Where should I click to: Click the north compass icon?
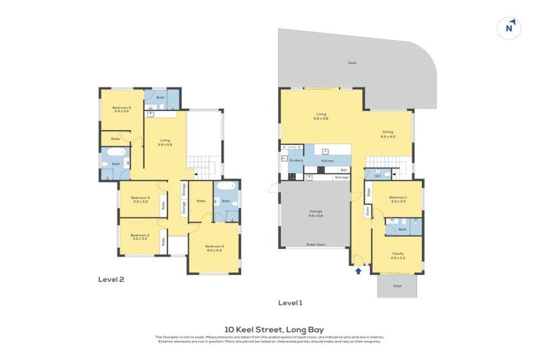(510, 27)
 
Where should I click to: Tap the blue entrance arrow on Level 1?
(359, 270)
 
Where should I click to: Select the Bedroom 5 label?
(122, 108)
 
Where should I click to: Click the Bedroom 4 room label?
(140, 198)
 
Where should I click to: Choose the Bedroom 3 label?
(140, 237)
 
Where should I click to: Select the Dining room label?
(388, 134)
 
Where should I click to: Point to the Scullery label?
(296, 160)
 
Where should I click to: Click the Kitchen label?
(328, 161)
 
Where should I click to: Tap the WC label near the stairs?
(378, 176)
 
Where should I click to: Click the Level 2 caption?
(111, 279)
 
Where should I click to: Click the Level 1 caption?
(290, 303)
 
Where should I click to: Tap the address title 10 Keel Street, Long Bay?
(270, 328)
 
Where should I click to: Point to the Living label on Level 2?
(166, 142)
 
